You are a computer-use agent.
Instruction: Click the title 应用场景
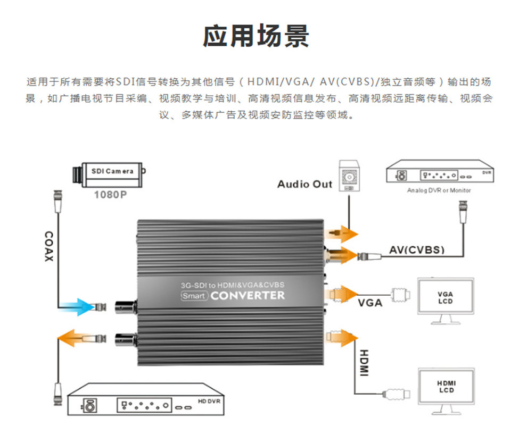(256, 36)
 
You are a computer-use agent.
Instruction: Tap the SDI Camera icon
(109, 174)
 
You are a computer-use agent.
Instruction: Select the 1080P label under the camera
(110, 195)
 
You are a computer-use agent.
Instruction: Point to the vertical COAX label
(49, 246)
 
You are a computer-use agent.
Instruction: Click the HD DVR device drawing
(145, 399)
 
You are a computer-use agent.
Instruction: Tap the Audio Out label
(304, 184)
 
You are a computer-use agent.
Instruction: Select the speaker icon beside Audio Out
(349, 176)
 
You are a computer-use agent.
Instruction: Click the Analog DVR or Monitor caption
(439, 190)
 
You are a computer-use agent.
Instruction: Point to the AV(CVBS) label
(417, 250)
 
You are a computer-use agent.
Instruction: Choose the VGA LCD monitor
(446, 300)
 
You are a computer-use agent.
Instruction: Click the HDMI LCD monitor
(446, 390)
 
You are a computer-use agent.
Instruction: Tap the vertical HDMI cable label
(364, 363)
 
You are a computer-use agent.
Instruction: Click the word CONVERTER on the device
(248, 296)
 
